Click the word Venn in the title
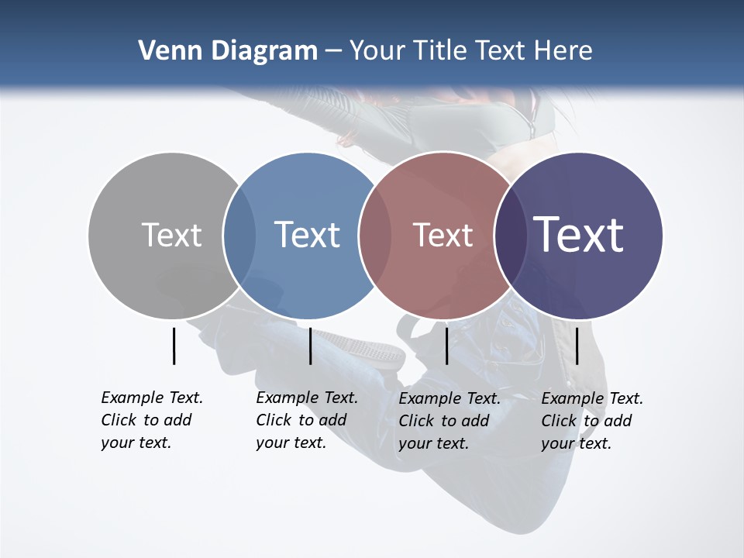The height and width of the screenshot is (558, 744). point(164,51)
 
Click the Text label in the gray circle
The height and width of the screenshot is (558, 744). point(171,235)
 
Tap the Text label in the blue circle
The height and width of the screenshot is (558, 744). point(307,235)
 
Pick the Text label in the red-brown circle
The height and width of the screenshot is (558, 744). point(443,235)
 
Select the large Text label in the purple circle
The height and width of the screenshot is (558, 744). point(578,234)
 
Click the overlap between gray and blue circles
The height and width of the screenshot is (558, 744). point(239,235)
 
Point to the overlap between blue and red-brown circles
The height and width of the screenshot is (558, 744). point(374,235)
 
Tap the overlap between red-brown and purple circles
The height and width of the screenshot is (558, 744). point(509,235)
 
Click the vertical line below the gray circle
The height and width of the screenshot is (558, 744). point(174,346)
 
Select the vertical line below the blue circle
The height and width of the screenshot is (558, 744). point(310,346)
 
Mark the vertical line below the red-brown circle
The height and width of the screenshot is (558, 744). point(446,346)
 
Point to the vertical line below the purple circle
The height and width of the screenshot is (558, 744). point(577,346)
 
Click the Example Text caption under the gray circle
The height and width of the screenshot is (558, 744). point(151,420)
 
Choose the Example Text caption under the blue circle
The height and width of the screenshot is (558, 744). point(306,420)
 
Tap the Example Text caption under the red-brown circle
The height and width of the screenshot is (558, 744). point(449,421)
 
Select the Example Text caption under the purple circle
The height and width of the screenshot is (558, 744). point(591,421)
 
